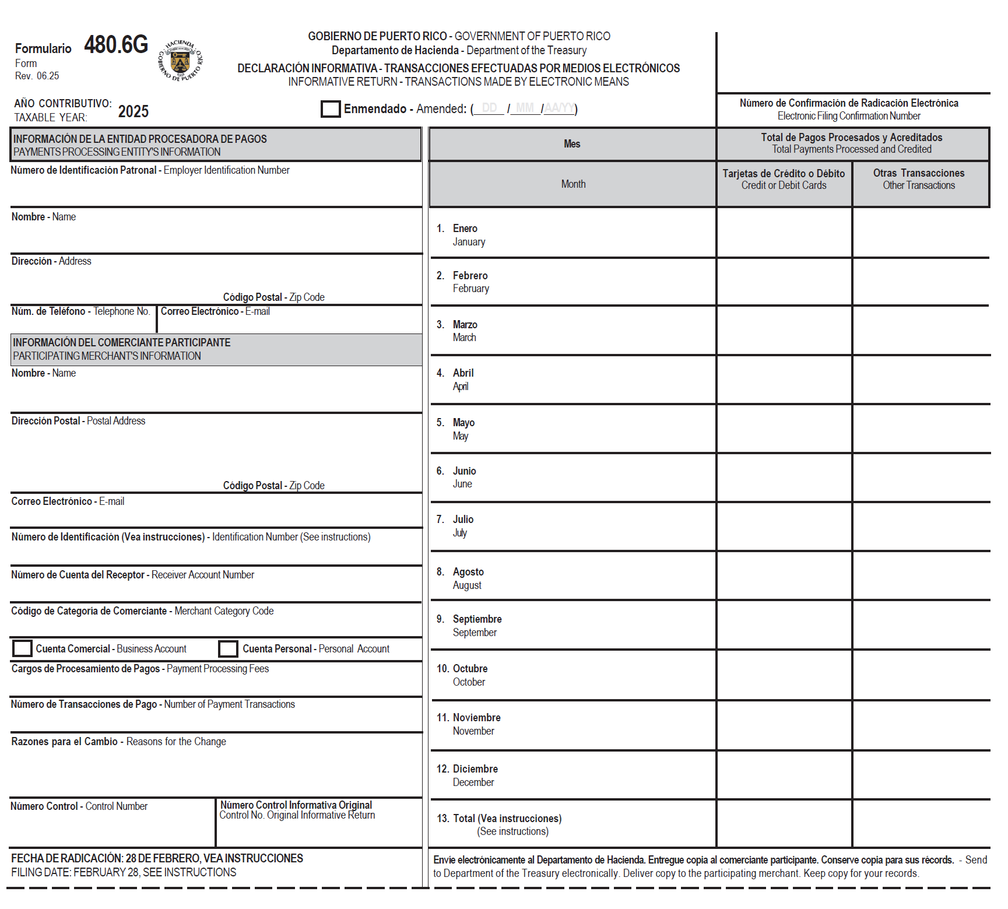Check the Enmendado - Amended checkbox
click(x=331, y=109)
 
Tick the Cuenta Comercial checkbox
click(x=22, y=648)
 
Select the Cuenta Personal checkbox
click(x=228, y=648)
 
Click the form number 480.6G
click(x=116, y=45)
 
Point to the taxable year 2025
click(x=133, y=111)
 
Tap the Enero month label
click(x=465, y=229)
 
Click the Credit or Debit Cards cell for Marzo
click(x=784, y=330)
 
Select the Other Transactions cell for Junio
click(x=920, y=477)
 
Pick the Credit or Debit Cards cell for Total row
click(x=784, y=823)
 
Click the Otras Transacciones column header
click(x=919, y=179)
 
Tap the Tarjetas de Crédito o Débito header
click(x=784, y=179)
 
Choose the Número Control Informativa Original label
click(x=296, y=810)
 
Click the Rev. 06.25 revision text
click(x=37, y=76)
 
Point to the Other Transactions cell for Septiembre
click(x=920, y=624)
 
